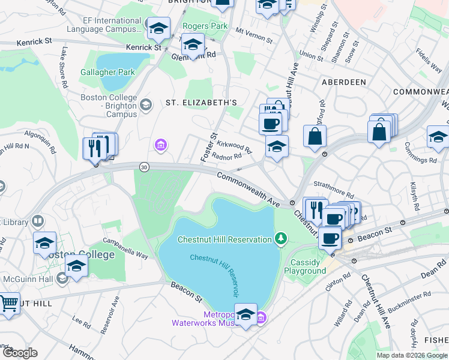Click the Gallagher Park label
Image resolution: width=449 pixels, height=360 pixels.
coord(108,73)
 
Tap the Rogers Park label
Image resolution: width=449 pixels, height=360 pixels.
coord(205,26)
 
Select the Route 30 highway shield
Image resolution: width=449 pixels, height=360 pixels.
coord(144,167)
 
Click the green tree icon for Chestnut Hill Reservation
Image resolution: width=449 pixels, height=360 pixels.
coord(280,239)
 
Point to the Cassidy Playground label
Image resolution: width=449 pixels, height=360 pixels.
coord(309,266)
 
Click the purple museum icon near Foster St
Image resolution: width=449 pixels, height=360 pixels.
coord(160,145)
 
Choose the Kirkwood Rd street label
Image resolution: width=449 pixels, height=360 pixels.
coord(234,145)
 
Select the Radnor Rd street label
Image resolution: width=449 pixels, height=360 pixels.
coord(228,157)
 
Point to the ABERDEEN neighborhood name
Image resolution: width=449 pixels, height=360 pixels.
coord(344,82)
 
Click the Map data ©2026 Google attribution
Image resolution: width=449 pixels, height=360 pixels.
coord(412,355)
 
